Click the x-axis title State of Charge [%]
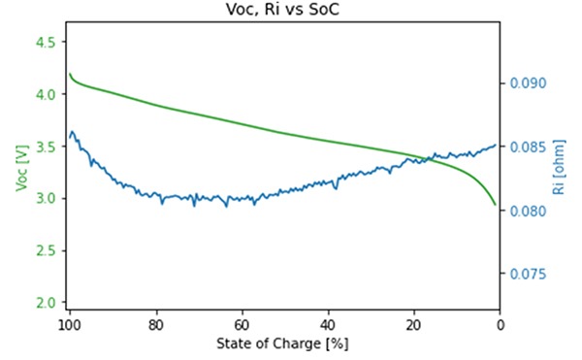coord(283,344)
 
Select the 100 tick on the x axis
coord(69,324)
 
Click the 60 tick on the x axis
coord(242,324)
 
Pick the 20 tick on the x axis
coord(414,324)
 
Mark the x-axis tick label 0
coord(500,324)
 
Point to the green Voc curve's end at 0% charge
coord(497,205)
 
